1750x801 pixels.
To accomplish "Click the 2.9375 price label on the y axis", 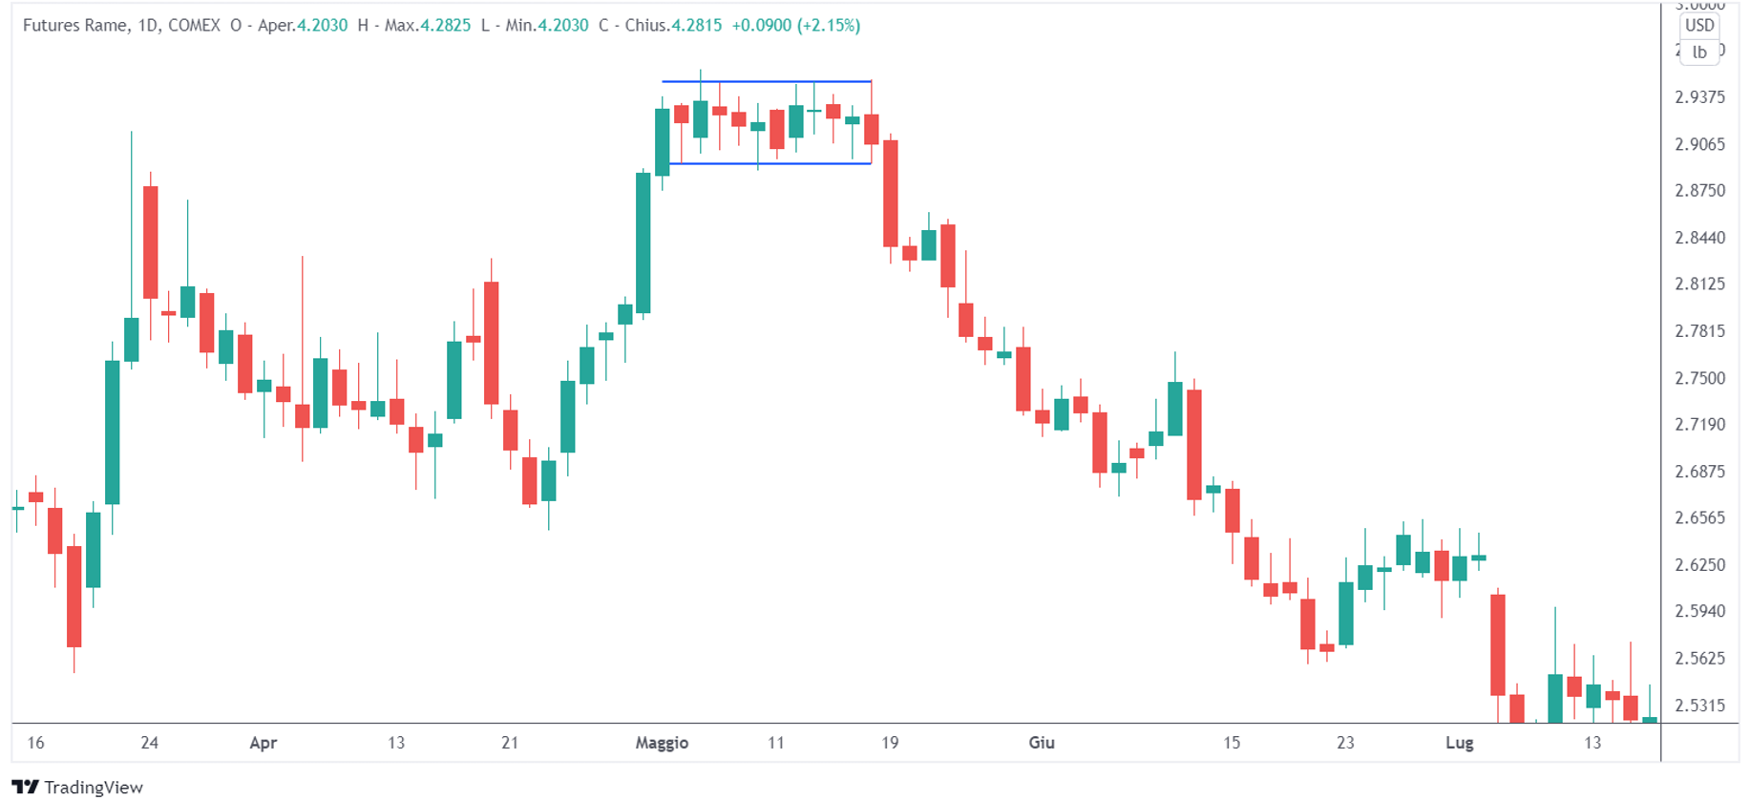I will [x=1699, y=97].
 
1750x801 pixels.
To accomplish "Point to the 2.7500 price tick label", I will [x=1699, y=378].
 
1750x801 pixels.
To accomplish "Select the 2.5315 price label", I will [x=1699, y=706].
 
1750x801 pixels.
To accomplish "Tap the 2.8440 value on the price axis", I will [x=1699, y=238].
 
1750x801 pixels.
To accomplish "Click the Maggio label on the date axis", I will [x=662, y=743].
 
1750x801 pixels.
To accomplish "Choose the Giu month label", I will [x=1041, y=743].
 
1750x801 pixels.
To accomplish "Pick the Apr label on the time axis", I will [x=263, y=743].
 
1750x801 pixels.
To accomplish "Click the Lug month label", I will [x=1459, y=743].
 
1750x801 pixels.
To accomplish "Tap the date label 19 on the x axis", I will [x=890, y=743].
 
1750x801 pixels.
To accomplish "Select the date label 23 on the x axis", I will [x=1345, y=743].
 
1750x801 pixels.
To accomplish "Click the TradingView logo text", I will [x=93, y=787].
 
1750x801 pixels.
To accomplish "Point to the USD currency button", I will [x=1699, y=26].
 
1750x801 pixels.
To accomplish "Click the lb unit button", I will [x=1699, y=53].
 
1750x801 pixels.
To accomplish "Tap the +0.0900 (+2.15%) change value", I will [x=795, y=26].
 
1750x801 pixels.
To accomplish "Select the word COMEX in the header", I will [x=194, y=26].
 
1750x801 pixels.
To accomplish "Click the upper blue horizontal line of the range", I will [x=767, y=82].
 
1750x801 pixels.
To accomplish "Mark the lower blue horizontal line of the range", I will [x=770, y=164].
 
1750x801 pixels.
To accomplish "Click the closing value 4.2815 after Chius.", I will [x=696, y=26].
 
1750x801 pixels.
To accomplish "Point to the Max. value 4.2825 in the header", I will [x=446, y=26].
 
